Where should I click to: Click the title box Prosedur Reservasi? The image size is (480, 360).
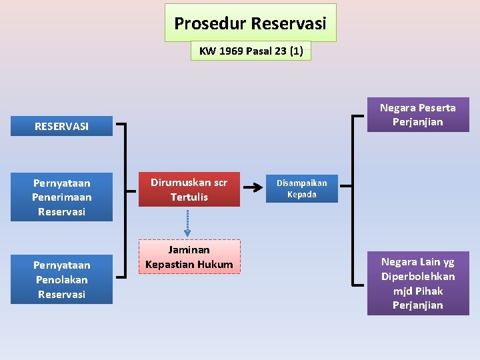click(250, 23)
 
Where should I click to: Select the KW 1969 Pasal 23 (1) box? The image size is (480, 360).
click(251, 51)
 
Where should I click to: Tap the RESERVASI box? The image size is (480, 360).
click(61, 126)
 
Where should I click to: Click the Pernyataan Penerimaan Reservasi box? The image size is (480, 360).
click(61, 197)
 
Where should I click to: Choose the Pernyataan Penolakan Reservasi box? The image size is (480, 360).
click(61, 279)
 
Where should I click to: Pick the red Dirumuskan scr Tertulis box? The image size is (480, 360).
click(189, 189)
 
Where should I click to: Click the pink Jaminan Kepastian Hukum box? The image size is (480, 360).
click(189, 257)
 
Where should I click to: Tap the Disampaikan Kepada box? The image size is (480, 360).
click(301, 189)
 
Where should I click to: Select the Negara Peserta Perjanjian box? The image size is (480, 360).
click(417, 115)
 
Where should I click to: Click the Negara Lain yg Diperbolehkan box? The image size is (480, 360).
click(417, 283)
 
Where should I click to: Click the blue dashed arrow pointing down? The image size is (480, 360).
click(189, 223)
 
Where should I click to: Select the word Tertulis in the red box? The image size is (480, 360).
click(189, 197)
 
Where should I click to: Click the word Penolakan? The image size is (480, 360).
click(61, 279)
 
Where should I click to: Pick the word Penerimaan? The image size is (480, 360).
click(61, 197)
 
